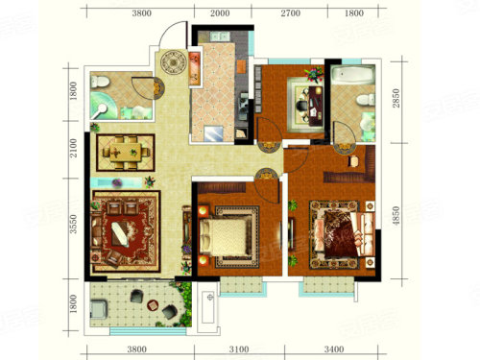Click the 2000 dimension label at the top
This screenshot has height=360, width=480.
coord(220,13)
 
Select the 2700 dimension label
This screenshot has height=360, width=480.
coord(291,13)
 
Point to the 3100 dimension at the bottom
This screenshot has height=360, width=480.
coord(239,348)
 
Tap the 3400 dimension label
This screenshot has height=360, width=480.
coord(334,348)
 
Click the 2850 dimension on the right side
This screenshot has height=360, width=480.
coord(396,98)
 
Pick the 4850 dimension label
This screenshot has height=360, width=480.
coord(396,216)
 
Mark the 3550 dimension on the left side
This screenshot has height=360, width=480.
coord(74,224)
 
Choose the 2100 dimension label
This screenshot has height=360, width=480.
coord(74,148)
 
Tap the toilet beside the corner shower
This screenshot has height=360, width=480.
coord(99,82)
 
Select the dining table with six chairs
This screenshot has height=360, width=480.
coord(126,153)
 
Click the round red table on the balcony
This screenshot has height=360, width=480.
coord(153,305)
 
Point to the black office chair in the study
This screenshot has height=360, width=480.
coord(301,106)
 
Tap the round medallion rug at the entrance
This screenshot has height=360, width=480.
coord(173,62)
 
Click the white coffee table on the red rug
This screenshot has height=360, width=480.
coord(120,234)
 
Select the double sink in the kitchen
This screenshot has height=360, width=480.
coord(219,36)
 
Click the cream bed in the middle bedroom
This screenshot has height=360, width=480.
coord(226,237)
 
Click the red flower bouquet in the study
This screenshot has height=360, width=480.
coord(315,74)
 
